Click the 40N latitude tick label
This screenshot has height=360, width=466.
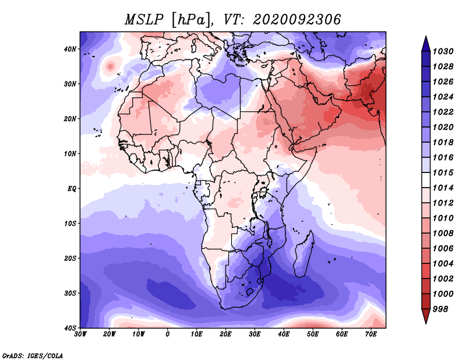(70, 49)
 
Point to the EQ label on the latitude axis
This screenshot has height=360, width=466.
(72, 189)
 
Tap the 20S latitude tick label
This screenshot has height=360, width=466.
(70, 258)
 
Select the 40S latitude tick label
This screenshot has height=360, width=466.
(70, 328)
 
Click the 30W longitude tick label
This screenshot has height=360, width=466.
(80, 334)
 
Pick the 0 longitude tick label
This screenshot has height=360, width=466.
(168, 334)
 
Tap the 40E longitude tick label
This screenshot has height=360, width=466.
(284, 334)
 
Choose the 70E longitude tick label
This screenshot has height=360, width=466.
(371, 334)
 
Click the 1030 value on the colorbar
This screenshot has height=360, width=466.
(443, 51)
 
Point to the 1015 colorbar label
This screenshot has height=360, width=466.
(443, 172)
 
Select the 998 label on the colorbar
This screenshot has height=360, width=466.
(440, 309)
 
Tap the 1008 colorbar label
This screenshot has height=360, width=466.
(443, 234)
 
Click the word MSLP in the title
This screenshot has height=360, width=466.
(144, 20)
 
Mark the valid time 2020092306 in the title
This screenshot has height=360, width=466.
(297, 20)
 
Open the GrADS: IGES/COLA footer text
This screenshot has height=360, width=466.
(33, 356)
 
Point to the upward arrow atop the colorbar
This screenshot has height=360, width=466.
(426, 44)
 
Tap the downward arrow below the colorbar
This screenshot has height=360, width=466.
(426, 316)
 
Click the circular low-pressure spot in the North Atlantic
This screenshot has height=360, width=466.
(110, 66)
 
